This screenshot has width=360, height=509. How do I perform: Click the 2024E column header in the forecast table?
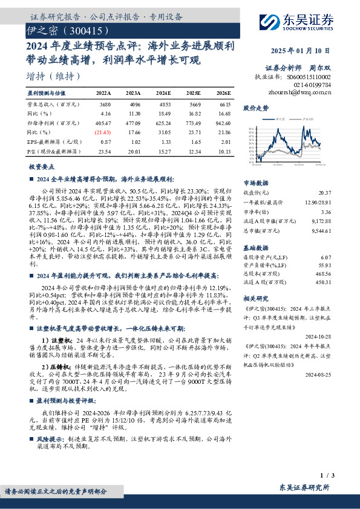pos(163,94)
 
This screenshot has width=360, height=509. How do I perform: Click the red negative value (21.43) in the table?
pos(103,131)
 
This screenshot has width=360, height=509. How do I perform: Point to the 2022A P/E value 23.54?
pos(103,152)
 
